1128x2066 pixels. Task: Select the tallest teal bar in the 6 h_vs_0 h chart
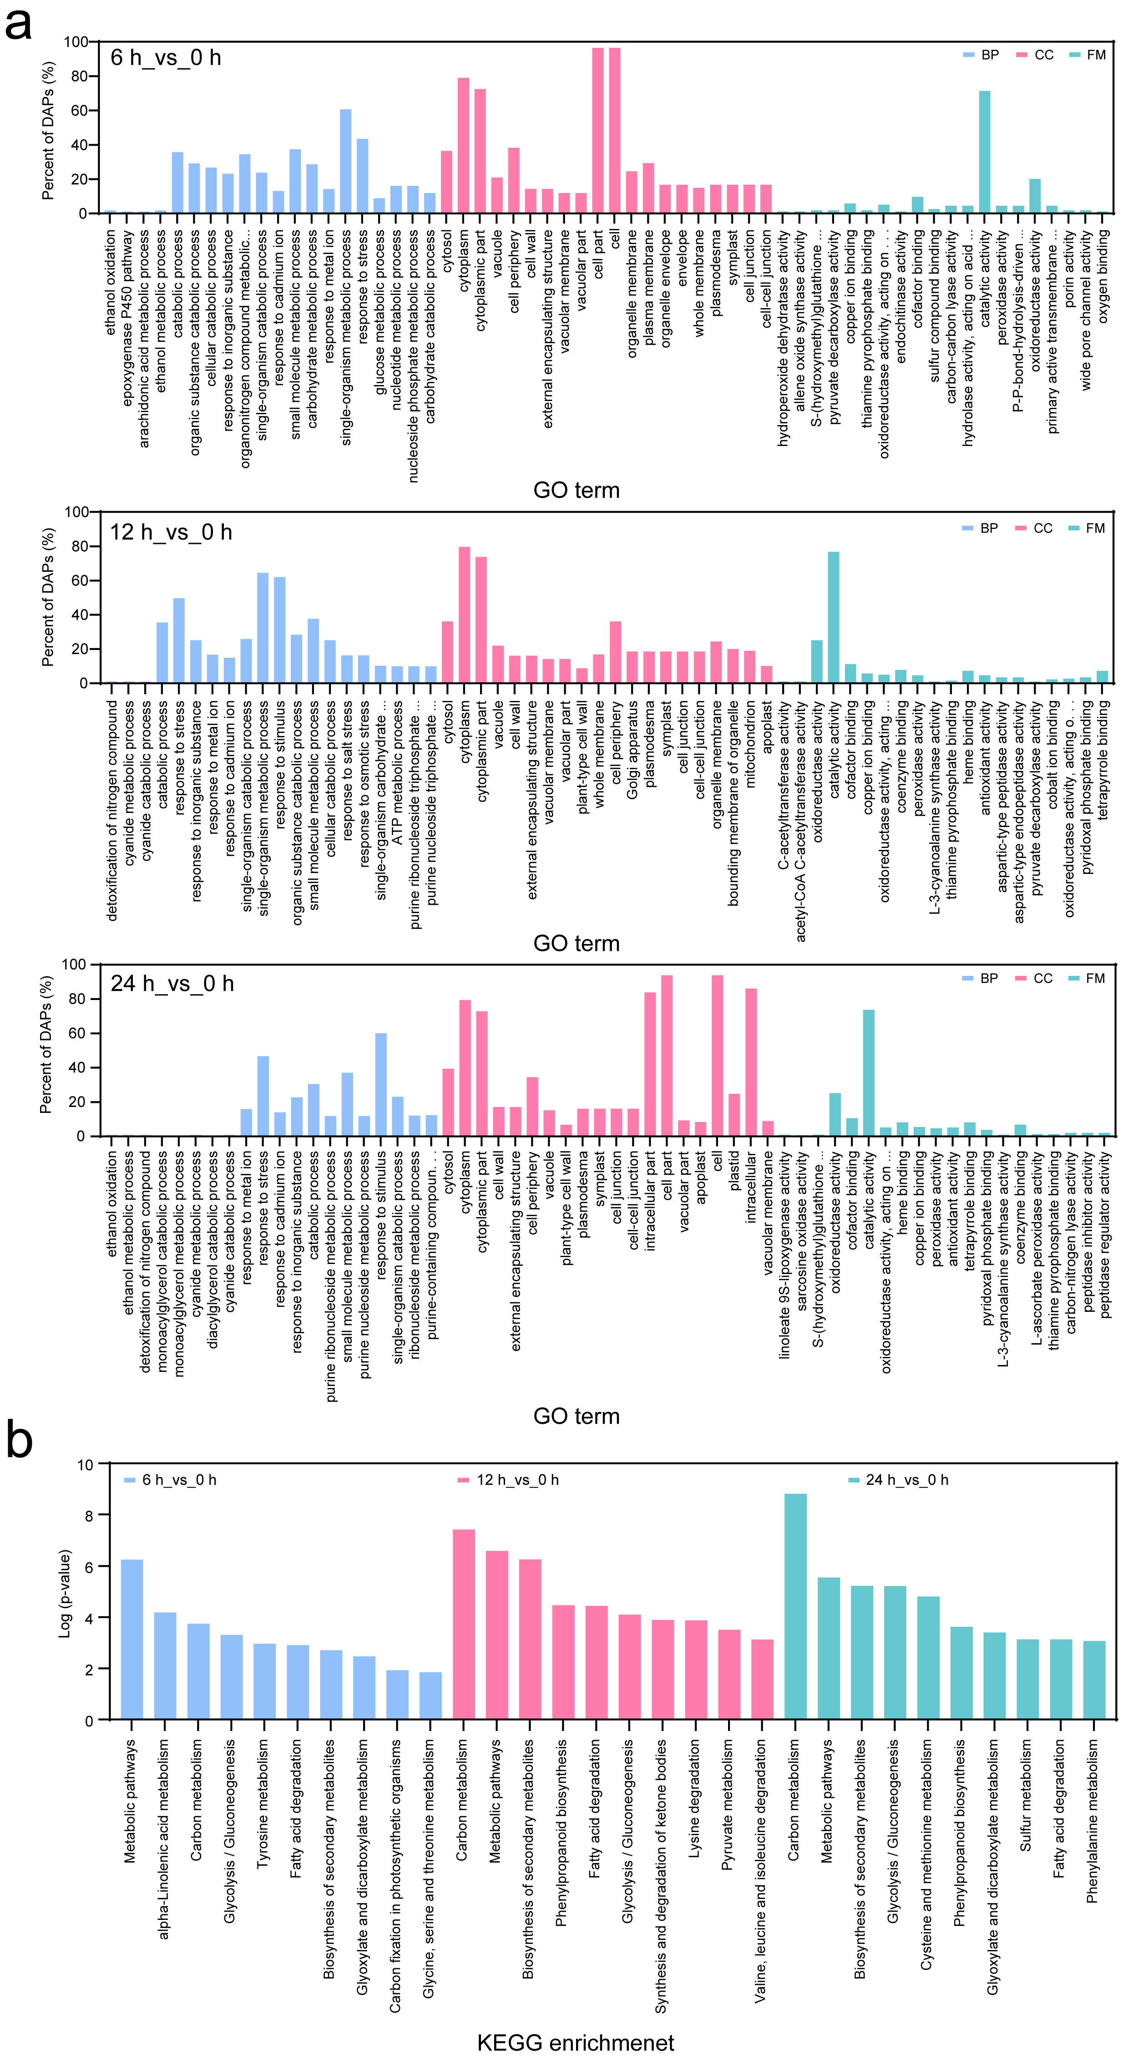pos(985,152)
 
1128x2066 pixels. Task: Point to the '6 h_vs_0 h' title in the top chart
pos(166,58)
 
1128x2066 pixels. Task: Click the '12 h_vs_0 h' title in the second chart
pos(171,533)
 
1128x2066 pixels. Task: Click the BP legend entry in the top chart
pos(981,55)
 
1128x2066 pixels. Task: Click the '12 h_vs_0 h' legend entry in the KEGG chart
pos(508,1480)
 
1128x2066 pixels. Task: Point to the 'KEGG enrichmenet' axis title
pos(576,2042)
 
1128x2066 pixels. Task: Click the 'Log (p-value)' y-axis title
pos(65,1592)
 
